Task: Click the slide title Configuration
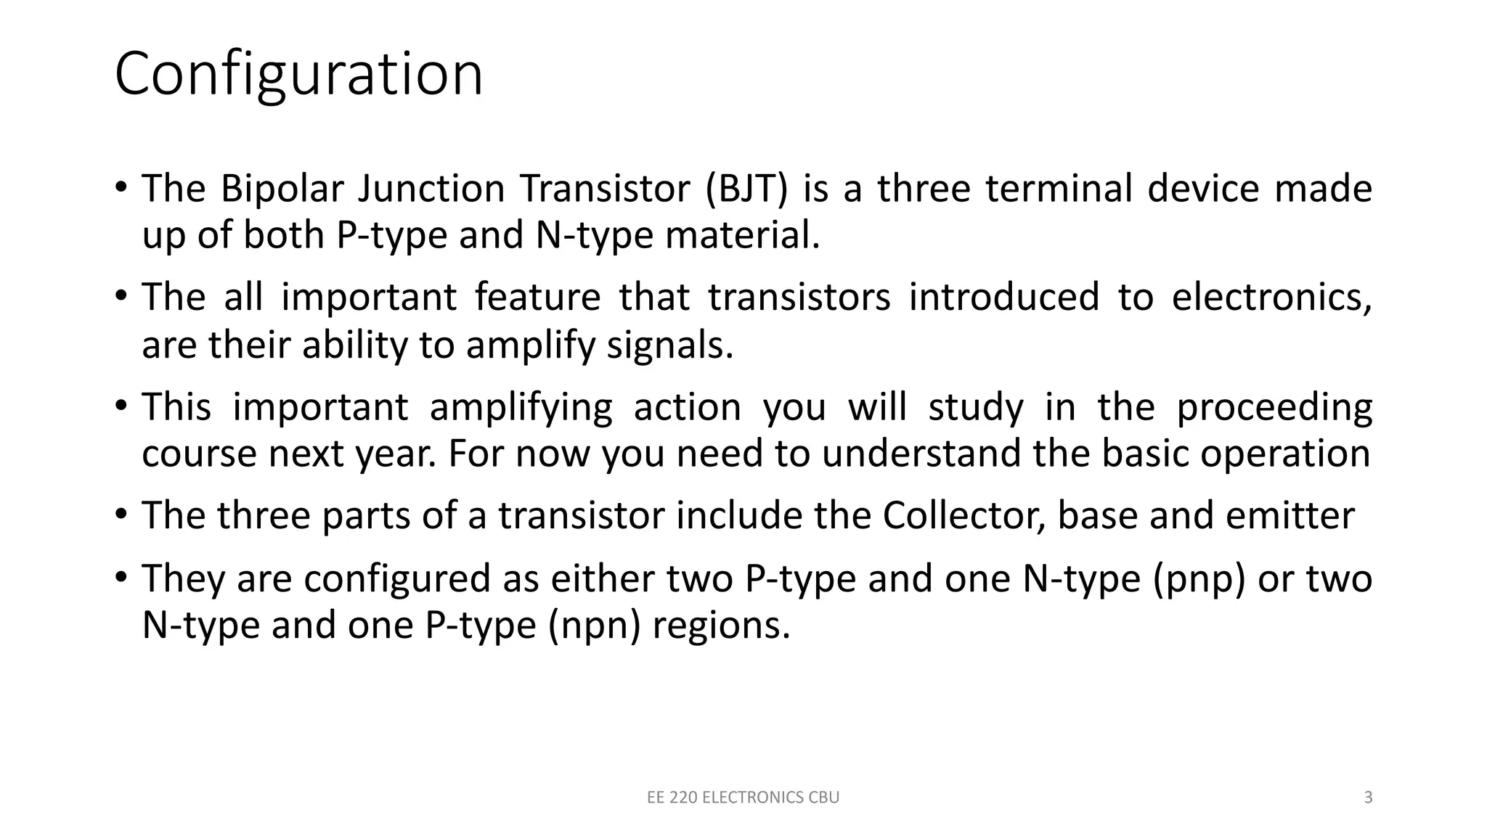(298, 75)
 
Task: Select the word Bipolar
(282, 189)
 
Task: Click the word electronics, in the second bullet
(1272, 298)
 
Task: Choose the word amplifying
(521, 408)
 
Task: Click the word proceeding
(1274, 408)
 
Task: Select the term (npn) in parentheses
(595, 626)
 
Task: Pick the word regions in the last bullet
(721, 626)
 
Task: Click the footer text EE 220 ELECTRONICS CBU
(743, 798)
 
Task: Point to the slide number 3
(1368, 798)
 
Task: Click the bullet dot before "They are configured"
(121, 578)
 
